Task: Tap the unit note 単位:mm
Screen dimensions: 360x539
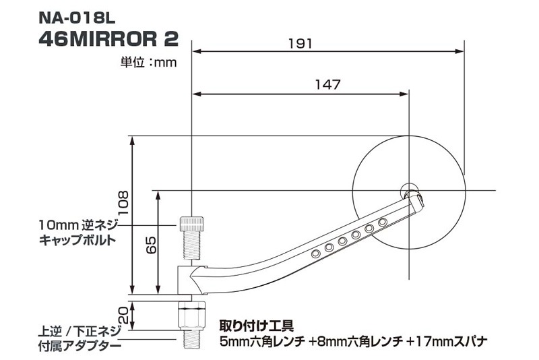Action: (148, 63)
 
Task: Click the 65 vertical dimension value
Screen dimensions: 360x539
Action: (153, 244)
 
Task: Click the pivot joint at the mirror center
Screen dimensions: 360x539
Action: (408, 189)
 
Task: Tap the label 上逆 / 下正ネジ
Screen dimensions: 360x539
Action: (80, 332)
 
